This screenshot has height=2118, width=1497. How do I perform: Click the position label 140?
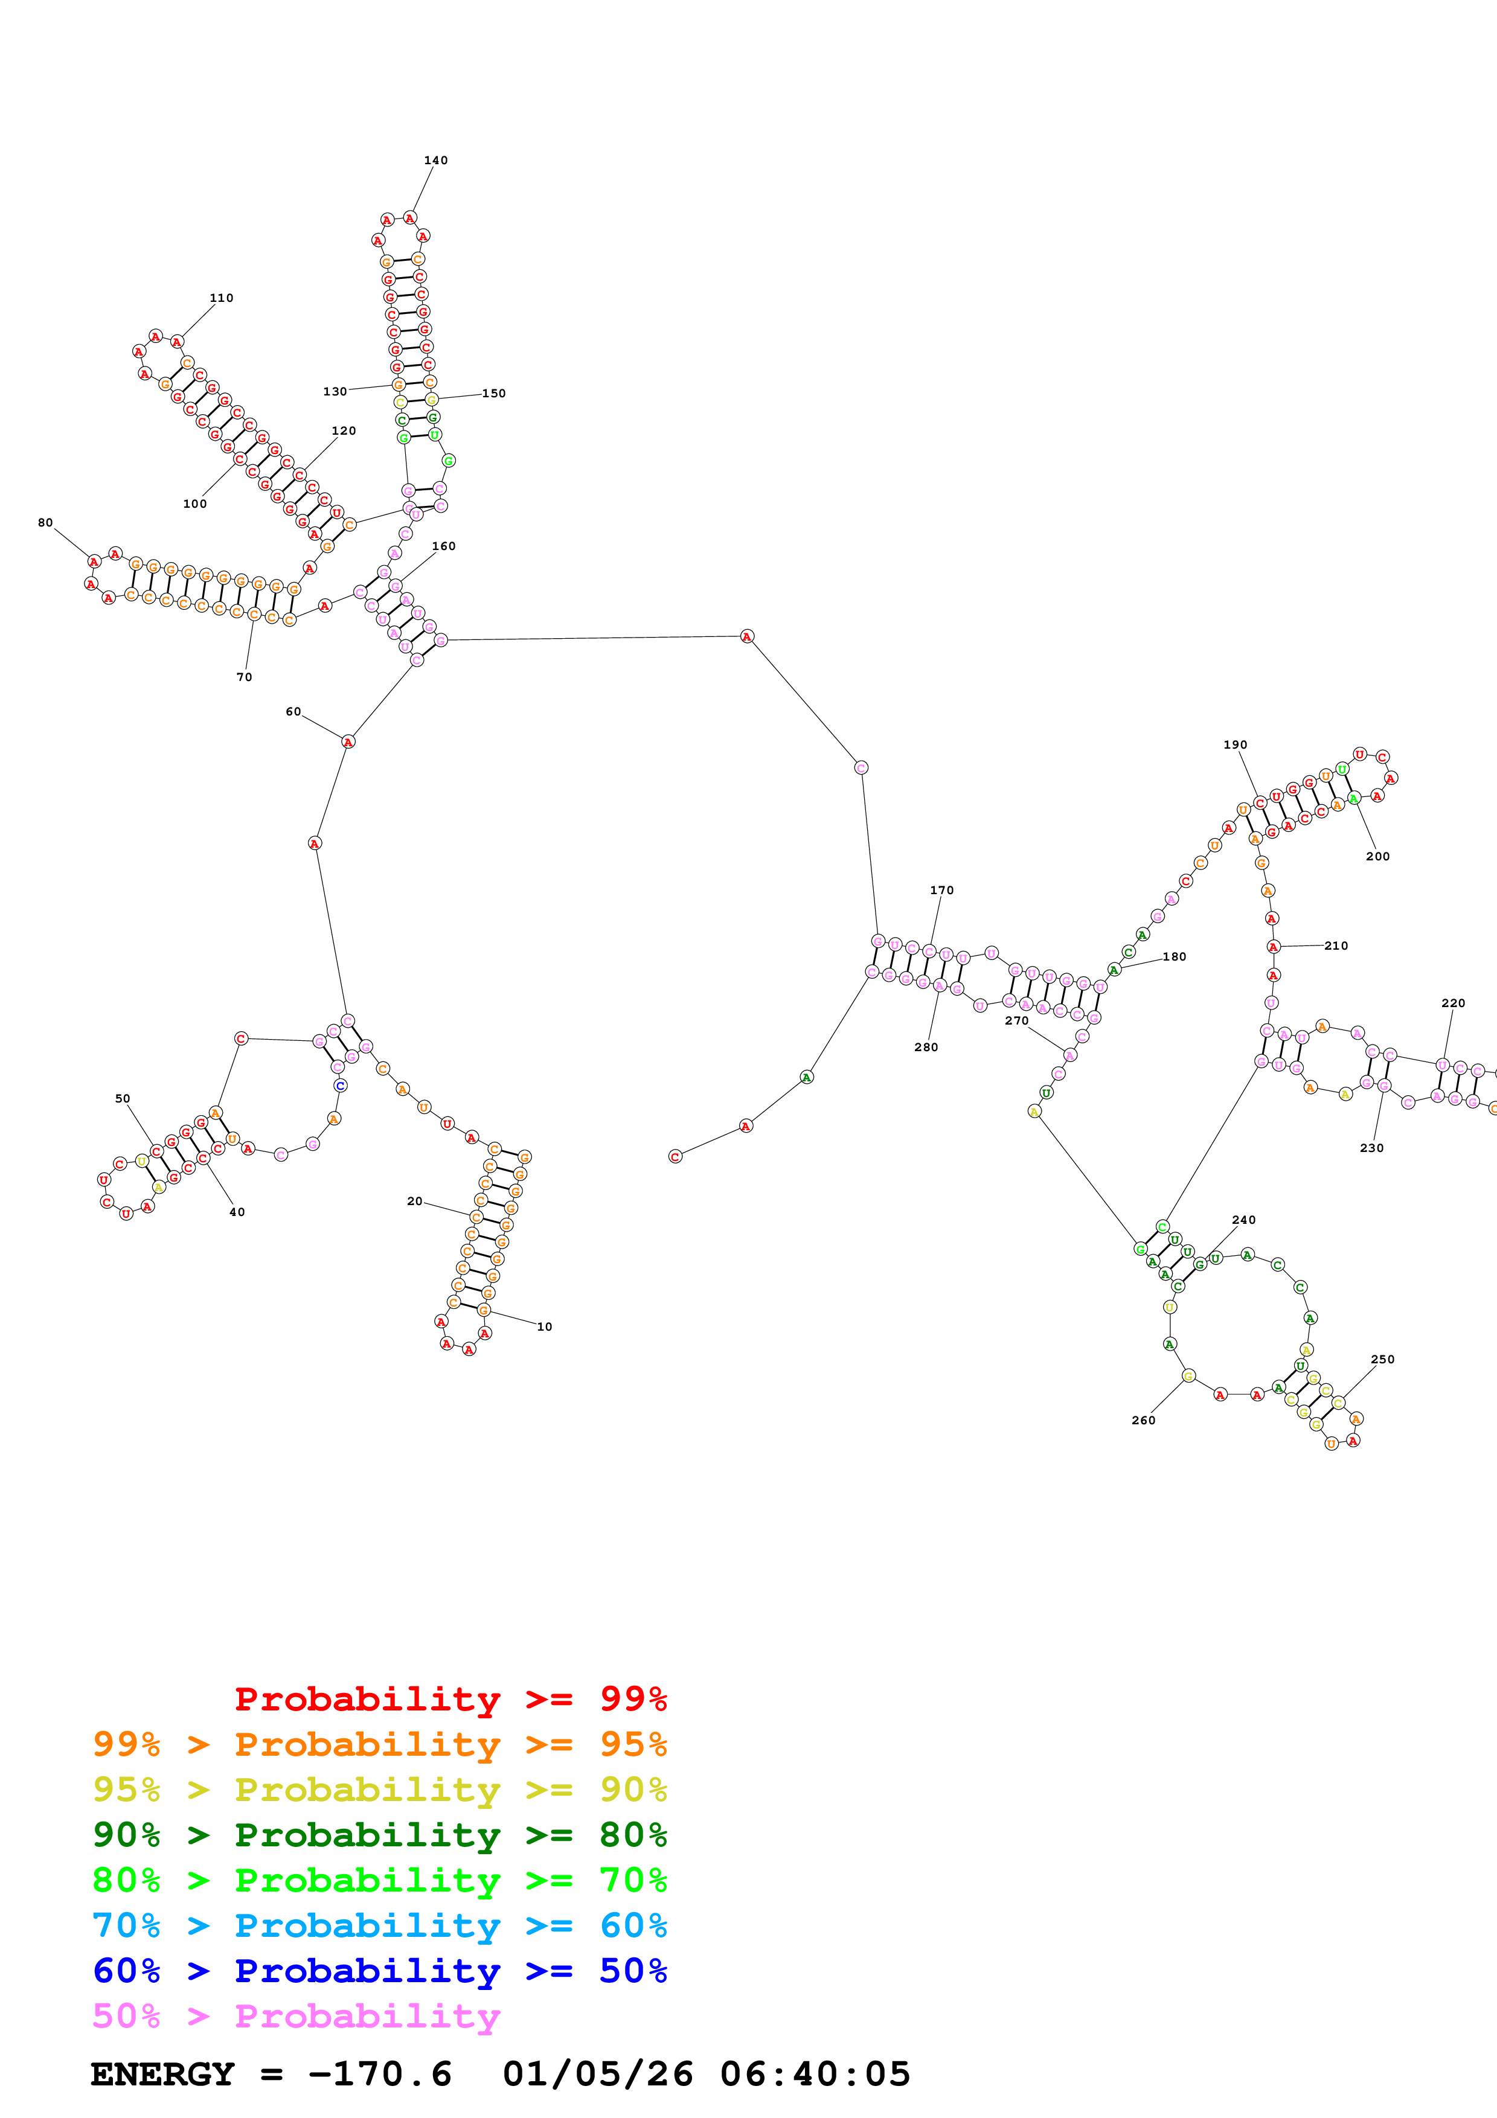click(435, 161)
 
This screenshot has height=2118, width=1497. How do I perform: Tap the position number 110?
click(222, 298)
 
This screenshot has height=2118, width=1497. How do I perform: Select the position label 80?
click(45, 523)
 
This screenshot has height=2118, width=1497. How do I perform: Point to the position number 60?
click(293, 712)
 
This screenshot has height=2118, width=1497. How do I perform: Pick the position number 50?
click(123, 1099)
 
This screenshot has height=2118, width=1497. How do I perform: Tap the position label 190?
click(1235, 744)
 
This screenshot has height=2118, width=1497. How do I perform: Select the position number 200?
click(1377, 856)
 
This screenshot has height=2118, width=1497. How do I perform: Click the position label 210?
click(1336, 945)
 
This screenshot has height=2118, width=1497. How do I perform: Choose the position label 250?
click(1383, 1359)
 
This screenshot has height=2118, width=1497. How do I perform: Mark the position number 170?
click(941, 890)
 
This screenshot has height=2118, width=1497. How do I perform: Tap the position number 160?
click(444, 546)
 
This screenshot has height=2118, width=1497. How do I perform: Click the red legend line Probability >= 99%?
click(450, 1698)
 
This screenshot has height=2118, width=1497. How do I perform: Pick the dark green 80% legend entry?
click(380, 1835)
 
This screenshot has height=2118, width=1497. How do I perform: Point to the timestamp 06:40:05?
click(815, 2074)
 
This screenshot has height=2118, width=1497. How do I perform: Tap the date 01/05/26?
click(598, 2074)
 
